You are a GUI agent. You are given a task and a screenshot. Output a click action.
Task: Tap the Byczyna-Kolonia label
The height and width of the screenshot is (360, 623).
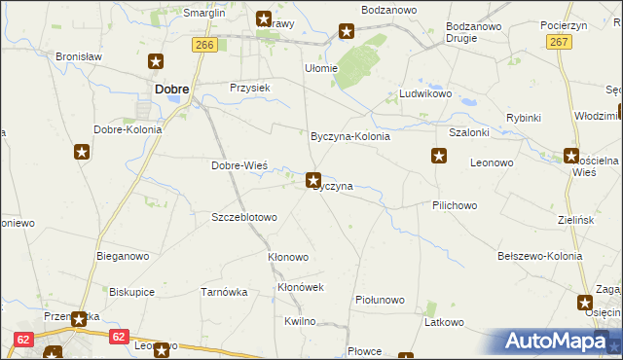click(349, 137)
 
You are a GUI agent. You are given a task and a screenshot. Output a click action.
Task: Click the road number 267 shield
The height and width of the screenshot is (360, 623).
click(558, 42)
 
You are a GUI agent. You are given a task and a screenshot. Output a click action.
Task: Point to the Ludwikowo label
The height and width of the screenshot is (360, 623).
click(426, 94)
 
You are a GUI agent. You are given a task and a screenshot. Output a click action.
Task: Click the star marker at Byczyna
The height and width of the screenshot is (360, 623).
click(313, 179)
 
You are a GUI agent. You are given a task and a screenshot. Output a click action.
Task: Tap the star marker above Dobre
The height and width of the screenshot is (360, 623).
click(156, 62)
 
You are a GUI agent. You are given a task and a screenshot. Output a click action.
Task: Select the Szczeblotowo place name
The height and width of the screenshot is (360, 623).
click(244, 217)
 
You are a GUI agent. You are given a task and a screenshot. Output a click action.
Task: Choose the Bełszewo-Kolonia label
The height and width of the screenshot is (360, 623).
click(539, 256)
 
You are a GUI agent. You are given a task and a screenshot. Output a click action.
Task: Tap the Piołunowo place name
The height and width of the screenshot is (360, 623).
click(380, 300)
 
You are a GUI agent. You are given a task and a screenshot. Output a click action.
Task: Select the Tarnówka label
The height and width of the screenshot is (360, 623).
click(224, 291)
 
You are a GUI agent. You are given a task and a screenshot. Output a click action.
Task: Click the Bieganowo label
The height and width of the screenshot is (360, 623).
click(122, 256)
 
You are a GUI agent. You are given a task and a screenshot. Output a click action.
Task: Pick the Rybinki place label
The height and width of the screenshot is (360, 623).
click(523, 118)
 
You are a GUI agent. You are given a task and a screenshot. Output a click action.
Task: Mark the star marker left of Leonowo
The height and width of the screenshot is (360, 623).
click(439, 156)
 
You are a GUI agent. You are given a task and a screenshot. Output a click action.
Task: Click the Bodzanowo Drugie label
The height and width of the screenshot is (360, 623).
click(474, 32)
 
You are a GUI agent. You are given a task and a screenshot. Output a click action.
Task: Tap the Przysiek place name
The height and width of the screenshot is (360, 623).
click(249, 87)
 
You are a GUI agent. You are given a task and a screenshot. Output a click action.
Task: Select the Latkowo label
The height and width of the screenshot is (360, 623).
click(445, 321)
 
